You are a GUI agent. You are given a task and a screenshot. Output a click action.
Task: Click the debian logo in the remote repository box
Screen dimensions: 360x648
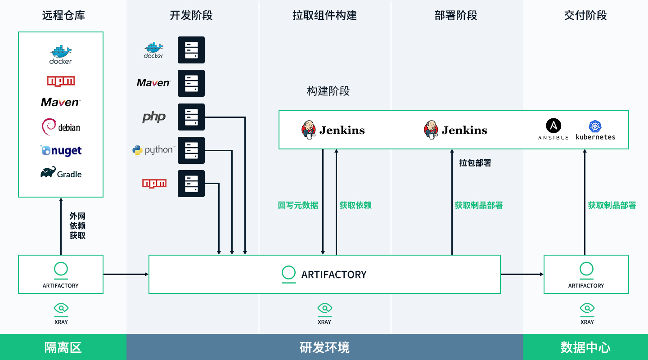61,127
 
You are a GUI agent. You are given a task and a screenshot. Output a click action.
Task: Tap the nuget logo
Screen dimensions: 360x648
61,151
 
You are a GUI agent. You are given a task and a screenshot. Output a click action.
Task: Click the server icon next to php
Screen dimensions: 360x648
191,117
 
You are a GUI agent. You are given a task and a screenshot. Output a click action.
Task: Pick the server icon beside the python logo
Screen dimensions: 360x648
191,150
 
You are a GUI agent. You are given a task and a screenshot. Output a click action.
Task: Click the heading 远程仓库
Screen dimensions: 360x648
63,15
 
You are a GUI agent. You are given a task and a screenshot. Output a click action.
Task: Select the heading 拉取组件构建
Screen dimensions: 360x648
324,15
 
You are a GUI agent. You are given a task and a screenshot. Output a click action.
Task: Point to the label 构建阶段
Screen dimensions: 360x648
328,91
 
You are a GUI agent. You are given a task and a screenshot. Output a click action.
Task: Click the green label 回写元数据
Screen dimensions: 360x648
298,205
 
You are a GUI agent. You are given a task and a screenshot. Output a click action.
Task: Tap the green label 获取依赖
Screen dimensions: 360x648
355,205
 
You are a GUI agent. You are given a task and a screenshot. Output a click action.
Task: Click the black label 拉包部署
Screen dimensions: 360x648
475,163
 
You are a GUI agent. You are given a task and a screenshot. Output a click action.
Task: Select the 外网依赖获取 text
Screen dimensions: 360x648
77,225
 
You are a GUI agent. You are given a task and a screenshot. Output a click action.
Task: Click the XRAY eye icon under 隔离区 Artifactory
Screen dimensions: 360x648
61,308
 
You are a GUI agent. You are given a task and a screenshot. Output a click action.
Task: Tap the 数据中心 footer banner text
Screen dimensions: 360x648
585,347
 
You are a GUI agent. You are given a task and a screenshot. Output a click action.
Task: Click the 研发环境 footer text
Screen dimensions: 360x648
324,347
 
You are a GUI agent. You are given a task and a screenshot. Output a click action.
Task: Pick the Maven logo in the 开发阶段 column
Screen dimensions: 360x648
153,83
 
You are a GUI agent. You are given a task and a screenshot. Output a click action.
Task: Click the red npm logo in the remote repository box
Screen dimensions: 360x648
61,81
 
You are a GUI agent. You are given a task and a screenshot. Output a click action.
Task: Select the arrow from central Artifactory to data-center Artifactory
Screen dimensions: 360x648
522,274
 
